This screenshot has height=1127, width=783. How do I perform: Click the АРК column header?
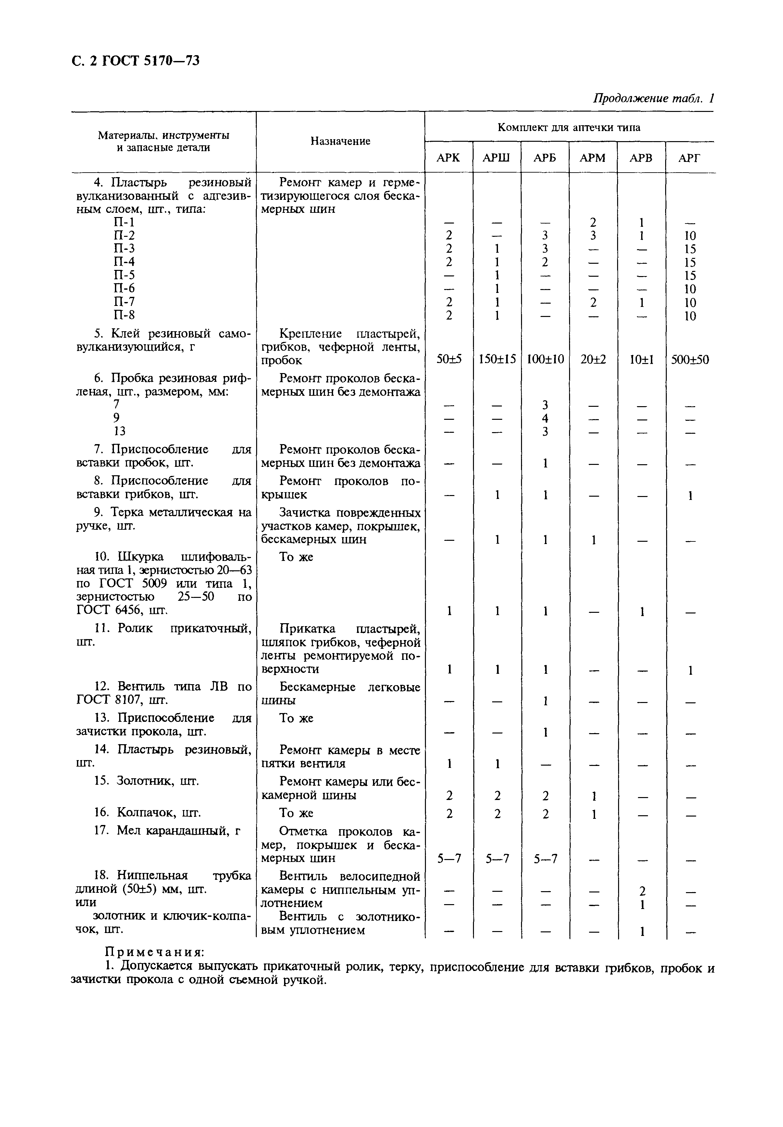tap(448, 158)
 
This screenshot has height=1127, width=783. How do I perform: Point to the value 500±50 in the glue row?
tap(690, 360)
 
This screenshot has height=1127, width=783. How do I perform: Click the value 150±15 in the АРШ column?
tap(497, 360)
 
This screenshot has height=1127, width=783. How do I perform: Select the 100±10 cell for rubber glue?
tap(545, 360)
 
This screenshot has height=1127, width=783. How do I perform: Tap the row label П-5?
tap(124, 275)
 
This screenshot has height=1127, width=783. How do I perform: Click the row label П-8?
tap(124, 315)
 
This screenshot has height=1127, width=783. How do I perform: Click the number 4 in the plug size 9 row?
tap(545, 418)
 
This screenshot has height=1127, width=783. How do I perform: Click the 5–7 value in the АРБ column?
tap(545, 858)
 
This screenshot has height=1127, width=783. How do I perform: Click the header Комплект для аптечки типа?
tap(569, 127)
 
